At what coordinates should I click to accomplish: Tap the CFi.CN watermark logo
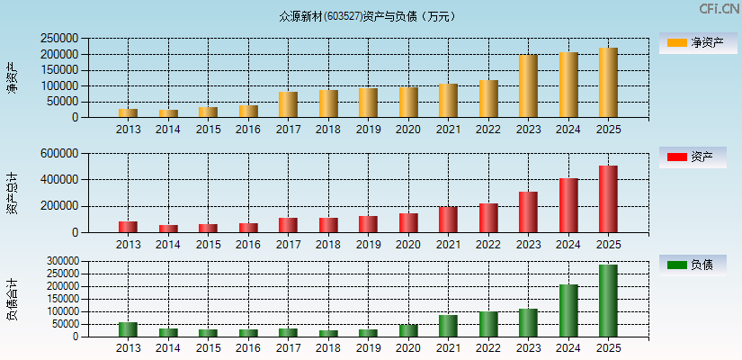(x=720, y=9)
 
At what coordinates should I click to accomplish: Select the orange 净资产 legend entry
(x=693, y=42)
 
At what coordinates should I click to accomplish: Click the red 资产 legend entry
(x=693, y=157)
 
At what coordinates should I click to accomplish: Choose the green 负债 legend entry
(x=693, y=265)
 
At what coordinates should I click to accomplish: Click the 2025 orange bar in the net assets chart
(x=608, y=83)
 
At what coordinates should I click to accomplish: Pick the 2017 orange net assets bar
(x=288, y=104)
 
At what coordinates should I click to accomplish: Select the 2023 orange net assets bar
(x=528, y=86)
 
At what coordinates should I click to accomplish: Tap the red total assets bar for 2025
(x=608, y=199)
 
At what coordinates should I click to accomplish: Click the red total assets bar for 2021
(x=448, y=220)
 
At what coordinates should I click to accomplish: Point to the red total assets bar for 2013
(x=128, y=227)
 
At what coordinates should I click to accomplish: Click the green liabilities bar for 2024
(x=568, y=310)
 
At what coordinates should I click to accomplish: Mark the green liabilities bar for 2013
(x=128, y=329)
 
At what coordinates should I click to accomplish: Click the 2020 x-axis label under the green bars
(x=408, y=347)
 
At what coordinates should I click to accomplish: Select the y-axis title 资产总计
(x=13, y=193)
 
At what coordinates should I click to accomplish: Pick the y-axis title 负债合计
(x=13, y=300)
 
